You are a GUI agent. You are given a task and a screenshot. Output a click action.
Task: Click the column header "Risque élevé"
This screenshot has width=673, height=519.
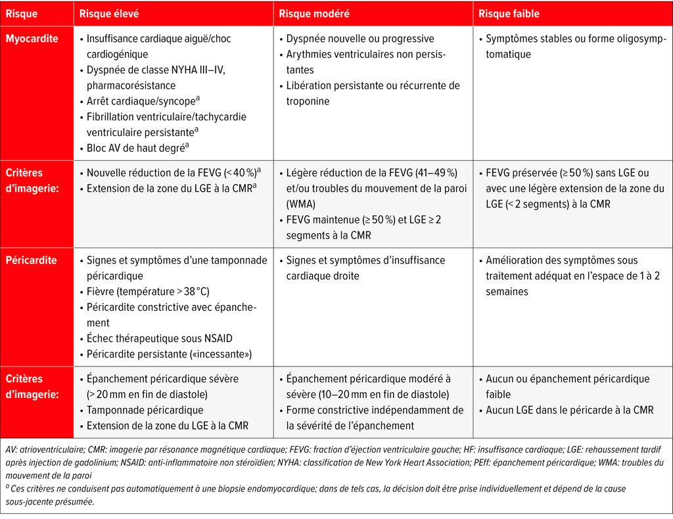pyautogui.click(x=108, y=13)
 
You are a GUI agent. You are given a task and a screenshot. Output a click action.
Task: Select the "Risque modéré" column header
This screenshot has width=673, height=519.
pyautogui.click(x=314, y=13)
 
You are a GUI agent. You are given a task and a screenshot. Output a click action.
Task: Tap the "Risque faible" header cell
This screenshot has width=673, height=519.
pyautogui.click(x=509, y=13)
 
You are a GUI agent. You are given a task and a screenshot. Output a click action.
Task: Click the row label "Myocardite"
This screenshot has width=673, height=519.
pyautogui.click(x=32, y=39)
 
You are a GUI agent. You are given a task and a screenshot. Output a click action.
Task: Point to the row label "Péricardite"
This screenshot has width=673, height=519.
pyautogui.click(x=31, y=260)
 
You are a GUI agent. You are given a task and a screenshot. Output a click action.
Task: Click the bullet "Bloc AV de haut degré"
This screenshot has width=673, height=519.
pyautogui.click(x=135, y=148)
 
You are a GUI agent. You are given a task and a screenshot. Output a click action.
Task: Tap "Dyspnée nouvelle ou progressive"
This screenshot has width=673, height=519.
pyautogui.click(x=360, y=39)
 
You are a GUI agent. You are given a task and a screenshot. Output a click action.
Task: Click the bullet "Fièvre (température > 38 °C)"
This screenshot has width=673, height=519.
pyautogui.click(x=148, y=292)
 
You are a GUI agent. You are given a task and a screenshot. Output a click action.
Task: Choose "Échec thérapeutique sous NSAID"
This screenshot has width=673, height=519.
pyautogui.click(x=159, y=338)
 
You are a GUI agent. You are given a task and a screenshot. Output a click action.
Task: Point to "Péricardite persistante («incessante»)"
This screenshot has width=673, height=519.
pyautogui.click(x=169, y=354)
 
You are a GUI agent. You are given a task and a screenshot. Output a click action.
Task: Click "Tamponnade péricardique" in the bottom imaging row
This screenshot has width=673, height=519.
pyautogui.click(x=145, y=410)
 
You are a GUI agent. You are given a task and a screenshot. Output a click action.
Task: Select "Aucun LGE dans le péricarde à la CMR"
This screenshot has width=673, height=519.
pyautogui.click(x=569, y=410)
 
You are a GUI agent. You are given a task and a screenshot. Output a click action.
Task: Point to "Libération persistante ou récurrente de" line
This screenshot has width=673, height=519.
pyautogui.click(x=373, y=85)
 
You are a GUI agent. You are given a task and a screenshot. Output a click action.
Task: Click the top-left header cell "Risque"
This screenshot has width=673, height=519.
pyautogui.click(x=22, y=13)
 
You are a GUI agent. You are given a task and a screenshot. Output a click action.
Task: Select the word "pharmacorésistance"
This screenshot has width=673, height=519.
pyautogui.click(x=131, y=85)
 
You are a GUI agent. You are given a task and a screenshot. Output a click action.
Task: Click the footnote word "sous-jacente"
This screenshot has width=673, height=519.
pyautogui.click(x=28, y=501)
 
